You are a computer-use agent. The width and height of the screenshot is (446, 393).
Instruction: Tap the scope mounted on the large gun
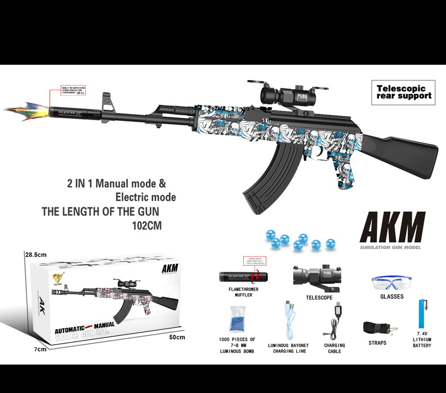288,95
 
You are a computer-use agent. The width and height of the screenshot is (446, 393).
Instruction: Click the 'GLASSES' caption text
392,297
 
